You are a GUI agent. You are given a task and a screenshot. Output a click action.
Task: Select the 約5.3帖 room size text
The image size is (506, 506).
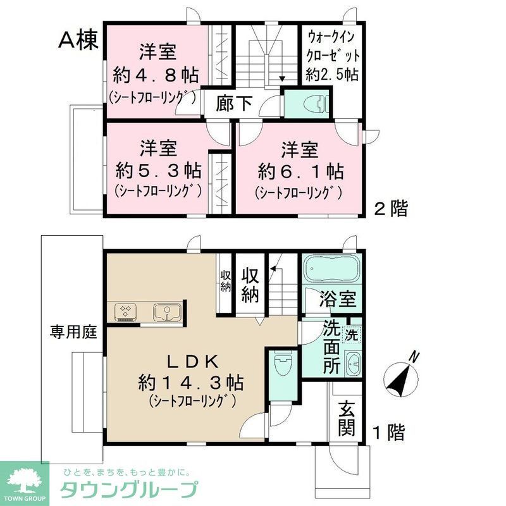coord(159,170)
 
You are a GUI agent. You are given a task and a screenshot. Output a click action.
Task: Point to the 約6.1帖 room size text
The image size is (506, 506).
coord(300,170)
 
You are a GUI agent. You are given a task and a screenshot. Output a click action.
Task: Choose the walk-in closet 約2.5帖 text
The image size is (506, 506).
coord(331,75)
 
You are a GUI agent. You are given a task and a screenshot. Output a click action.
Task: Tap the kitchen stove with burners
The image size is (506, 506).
coord(126,311)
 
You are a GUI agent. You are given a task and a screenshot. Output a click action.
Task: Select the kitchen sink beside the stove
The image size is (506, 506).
coord(166,311)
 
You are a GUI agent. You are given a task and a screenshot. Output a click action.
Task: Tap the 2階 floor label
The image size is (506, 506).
coord(390,209)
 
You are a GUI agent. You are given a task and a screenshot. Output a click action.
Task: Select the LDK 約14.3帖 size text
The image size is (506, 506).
coord(192,382)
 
